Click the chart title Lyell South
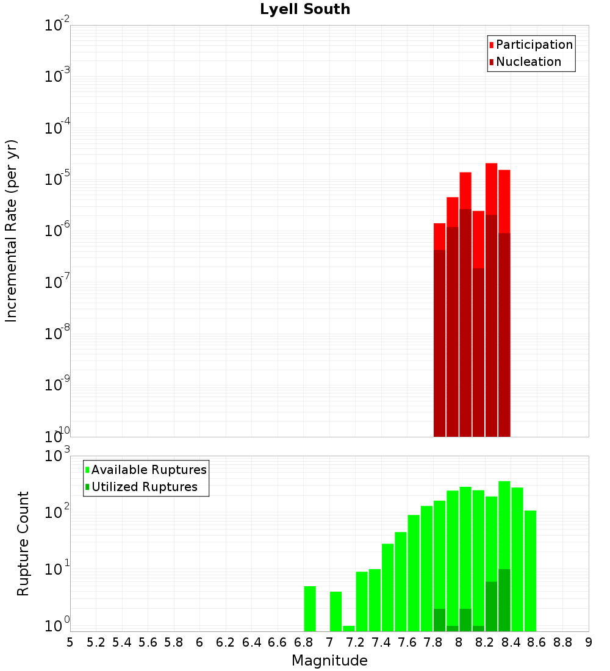click(304, 10)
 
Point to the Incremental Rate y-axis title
click(12, 231)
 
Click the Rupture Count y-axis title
click(23, 543)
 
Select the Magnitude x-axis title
click(329, 661)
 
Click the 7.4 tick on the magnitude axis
click(381, 642)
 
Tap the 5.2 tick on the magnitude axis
click(96, 642)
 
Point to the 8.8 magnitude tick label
click(562, 642)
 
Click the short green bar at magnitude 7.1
click(349, 628)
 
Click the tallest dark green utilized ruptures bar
click(504, 600)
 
